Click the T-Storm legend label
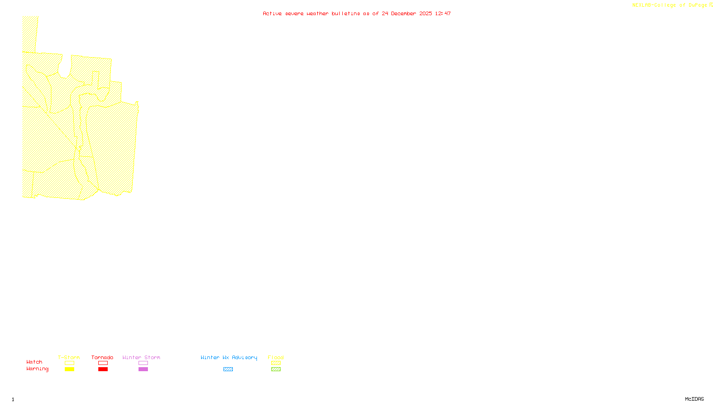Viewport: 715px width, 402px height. click(69, 357)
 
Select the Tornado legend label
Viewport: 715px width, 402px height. click(102, 357)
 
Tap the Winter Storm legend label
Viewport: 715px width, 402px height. click(141, 357)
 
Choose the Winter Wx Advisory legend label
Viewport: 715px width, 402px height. click(229, 357)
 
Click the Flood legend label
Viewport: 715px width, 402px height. click(276, 357)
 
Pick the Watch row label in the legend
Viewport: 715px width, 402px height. click(34, 362)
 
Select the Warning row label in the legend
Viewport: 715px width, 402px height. click(37, 369)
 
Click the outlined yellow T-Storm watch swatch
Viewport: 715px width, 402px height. click(69, 363)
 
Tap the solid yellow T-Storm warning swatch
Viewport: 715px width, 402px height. click(69, 369)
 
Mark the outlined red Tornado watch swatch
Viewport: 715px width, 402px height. click(103, 363)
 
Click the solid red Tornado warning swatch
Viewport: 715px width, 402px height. click(103, 369)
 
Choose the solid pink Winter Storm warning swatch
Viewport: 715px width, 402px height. click(143, 369)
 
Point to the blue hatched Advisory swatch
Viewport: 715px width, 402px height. click(228, 369)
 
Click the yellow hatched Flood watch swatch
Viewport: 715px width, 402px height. click(276, 363)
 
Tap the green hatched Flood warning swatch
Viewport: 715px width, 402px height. click(276, 369)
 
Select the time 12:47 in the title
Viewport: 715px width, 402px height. click(443, 13)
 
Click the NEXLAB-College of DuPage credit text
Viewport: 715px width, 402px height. click(670, 5)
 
